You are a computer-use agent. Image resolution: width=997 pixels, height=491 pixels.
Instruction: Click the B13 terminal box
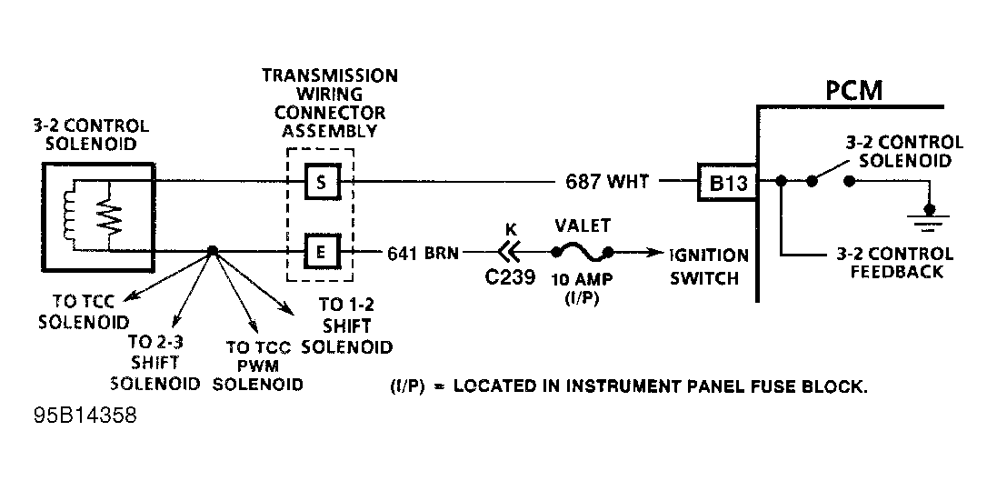(x=727, y=182)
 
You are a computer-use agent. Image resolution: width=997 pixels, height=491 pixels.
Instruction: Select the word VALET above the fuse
(x=582, y=226)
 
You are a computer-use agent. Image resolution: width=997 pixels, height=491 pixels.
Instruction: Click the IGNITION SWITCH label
(x=709, y=266)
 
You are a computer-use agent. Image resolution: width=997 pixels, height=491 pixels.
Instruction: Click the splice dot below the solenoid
(x=212, y=251)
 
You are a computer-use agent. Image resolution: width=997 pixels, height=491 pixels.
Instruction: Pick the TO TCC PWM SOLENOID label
(x=257, y=366)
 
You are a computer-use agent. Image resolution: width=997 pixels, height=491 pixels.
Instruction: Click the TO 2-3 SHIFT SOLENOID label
(x=153, y=363)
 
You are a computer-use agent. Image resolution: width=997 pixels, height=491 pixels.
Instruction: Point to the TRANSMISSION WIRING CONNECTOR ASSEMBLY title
(x=330, y=103)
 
